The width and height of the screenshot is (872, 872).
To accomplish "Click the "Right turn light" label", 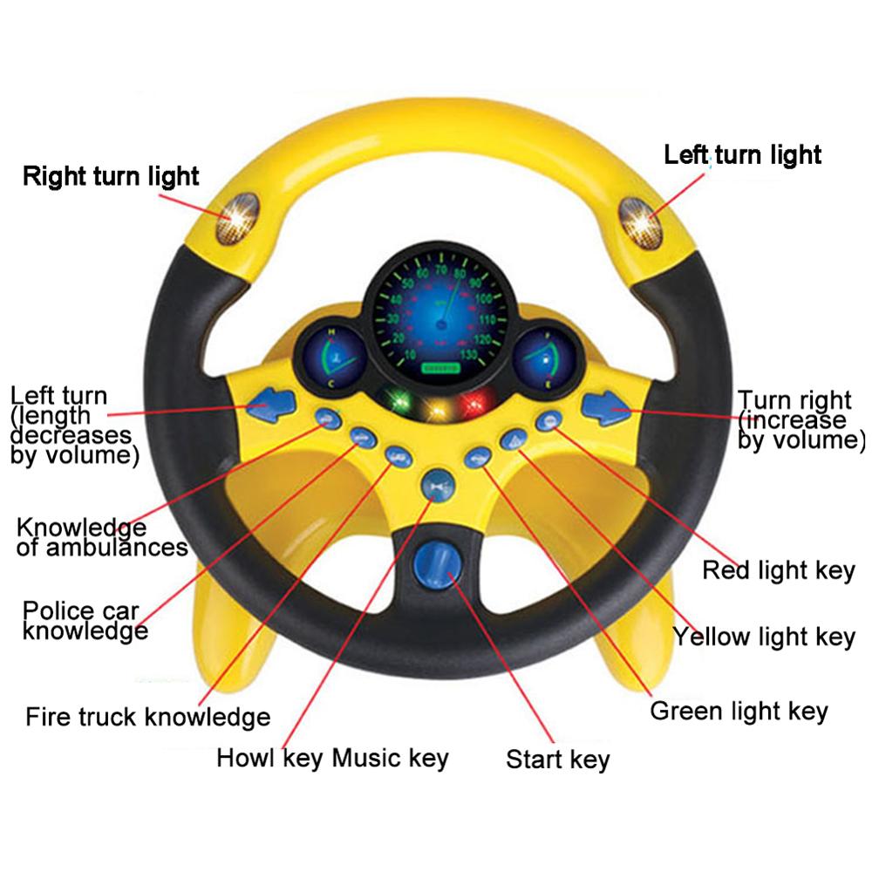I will click(111, 177).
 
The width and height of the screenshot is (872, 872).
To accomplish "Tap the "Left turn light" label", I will click(742, 155).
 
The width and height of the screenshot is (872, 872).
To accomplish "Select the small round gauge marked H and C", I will click(332, 358).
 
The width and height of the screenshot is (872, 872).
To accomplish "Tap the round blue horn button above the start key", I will click(436, 485).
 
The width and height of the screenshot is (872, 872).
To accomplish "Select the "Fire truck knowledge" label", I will click(147, 718).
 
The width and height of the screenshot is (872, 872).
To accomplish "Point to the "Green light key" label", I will click(739, 711).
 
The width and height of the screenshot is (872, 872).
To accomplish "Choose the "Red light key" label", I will click(779, 571).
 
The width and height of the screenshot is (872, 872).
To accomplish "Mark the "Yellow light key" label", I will click(764, 637).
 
